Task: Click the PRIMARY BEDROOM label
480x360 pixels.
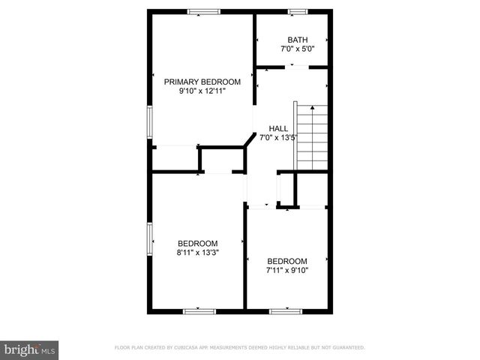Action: click(202, 82)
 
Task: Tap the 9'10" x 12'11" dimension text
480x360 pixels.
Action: click(202, 91)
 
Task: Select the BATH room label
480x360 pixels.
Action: click(298, 40)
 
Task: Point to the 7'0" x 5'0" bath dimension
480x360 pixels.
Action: click(298, 49)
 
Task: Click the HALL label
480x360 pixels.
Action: click(278, 128)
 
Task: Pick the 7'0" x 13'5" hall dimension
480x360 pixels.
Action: click(278, 137)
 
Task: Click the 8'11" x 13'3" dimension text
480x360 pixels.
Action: click(197, 253)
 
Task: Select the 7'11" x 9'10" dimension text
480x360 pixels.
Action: click(287, 270)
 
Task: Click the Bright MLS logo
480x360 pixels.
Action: click(30, 349)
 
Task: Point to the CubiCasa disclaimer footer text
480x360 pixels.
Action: click(239, 348)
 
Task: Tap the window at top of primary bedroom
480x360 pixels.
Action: click(203, 11)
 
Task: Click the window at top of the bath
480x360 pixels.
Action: click(298, 11)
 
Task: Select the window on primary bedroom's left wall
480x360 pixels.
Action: click(149, 122)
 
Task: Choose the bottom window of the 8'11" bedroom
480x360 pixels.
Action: click(199, 310)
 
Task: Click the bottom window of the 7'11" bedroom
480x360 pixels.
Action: click(285, 310)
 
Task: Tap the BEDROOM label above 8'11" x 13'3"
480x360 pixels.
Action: click(197, 243)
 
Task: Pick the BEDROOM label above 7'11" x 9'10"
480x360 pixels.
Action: click(287, 261)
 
